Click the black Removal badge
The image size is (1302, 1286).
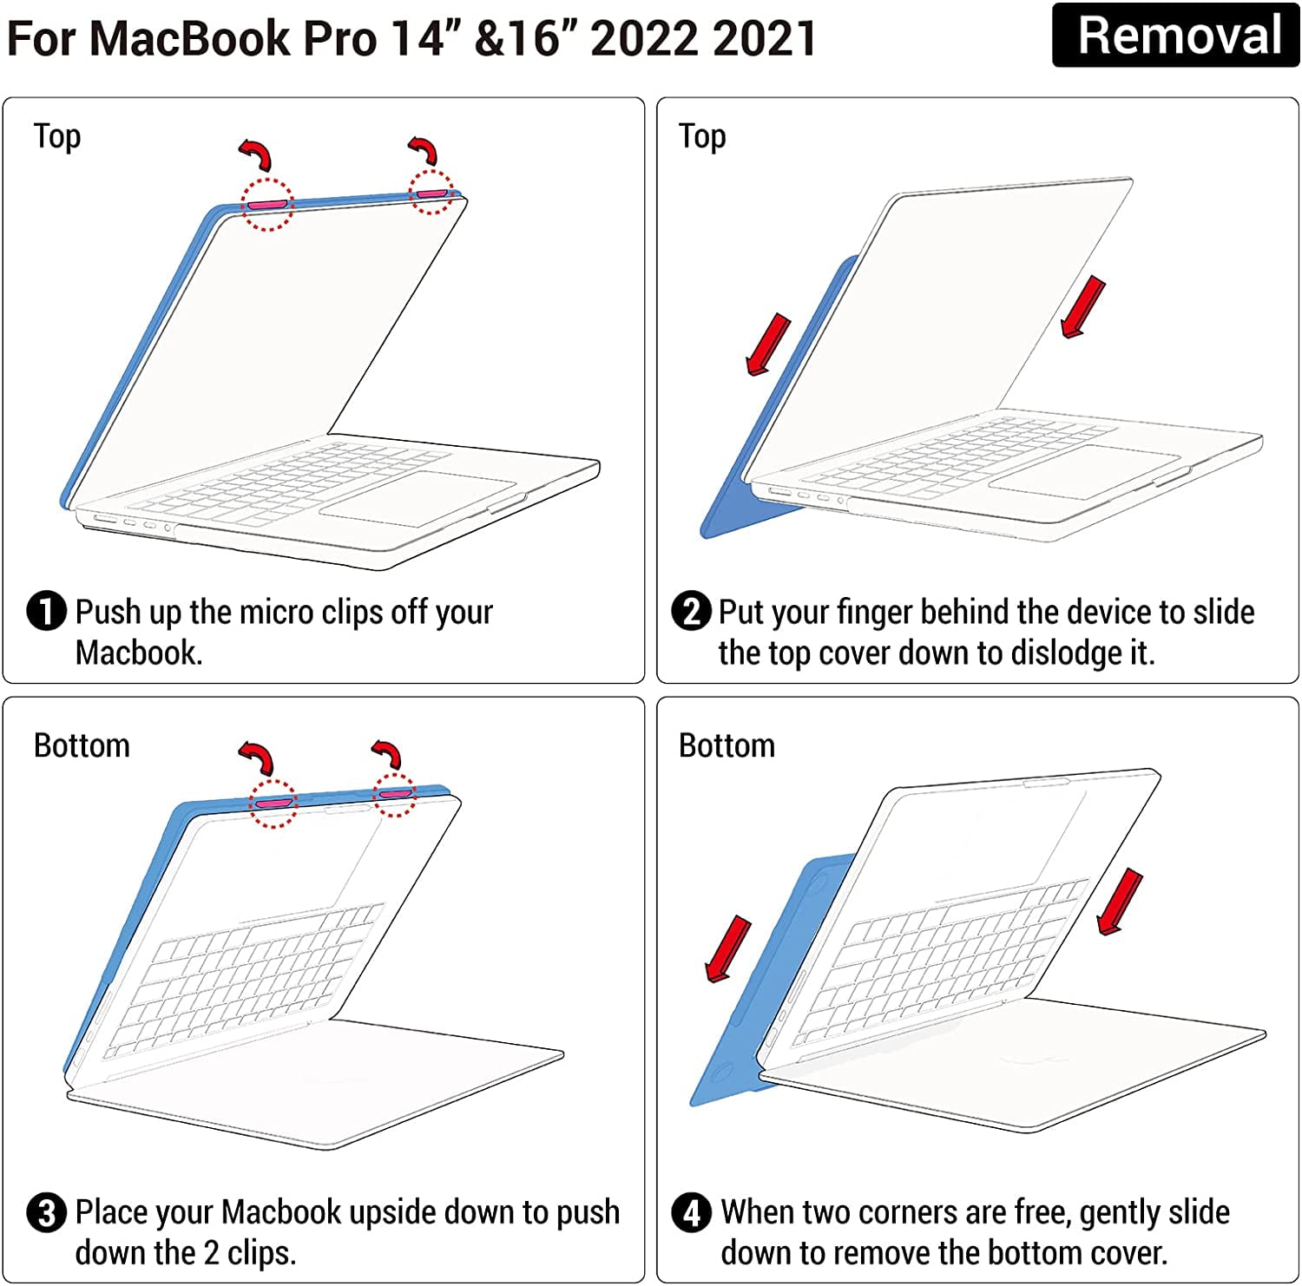(1175, 36)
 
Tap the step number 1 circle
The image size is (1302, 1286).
(47, 611)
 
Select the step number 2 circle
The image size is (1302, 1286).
(692, 611)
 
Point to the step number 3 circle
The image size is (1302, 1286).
(47, 1212)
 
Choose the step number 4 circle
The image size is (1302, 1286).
(692, 1212)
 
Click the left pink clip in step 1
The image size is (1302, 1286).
(266, 204)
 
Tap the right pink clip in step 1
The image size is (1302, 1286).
(431, 193)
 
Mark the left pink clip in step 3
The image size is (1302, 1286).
(274, 803)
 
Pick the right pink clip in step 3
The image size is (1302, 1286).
(395, 793)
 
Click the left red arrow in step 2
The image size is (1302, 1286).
(769, 344)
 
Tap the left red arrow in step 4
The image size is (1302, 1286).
(728, 949)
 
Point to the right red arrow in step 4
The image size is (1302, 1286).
(1120, 902)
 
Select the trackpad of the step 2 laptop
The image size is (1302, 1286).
(1084, 472)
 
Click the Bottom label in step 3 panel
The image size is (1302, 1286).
(82, 745)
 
